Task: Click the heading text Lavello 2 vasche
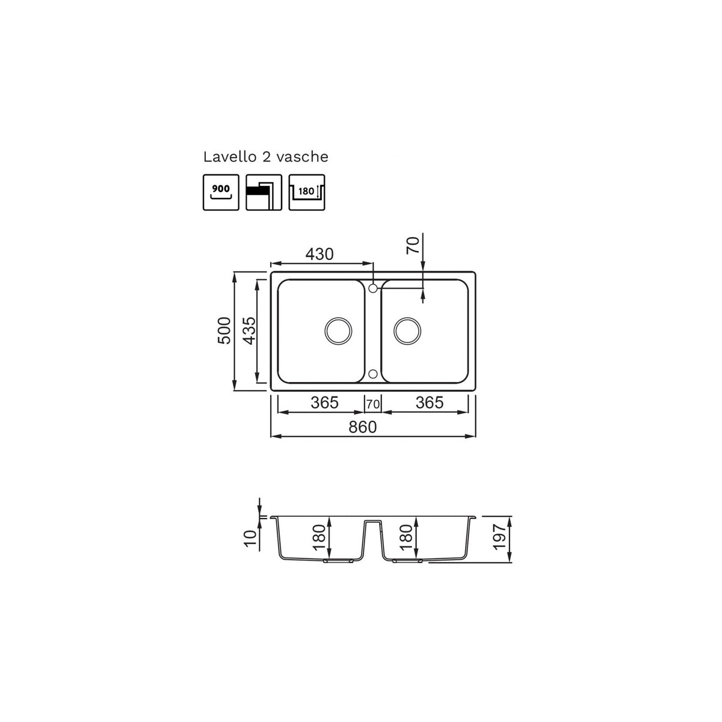[x=266, y=157]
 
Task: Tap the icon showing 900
[x=221, y=192]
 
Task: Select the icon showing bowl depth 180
[x=306, y=192]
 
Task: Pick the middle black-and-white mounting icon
[x=264, y=192]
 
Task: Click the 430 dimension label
[x=319, y=255]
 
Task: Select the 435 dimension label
[x=248, y=331]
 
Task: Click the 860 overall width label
[x=362, y=427]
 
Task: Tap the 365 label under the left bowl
[x=324, y=403]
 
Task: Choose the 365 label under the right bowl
[x=430, y=403]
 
